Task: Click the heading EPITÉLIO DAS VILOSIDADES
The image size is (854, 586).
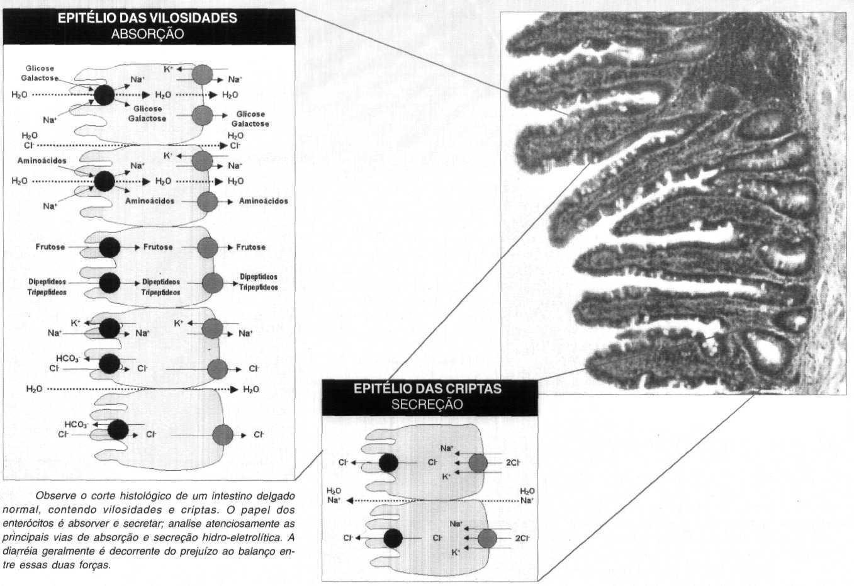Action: click(147, 18)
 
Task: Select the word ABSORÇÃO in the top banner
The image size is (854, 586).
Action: click(147, 34)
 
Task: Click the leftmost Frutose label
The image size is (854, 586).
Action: click(50, 247)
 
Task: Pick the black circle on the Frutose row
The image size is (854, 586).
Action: click(110, 247)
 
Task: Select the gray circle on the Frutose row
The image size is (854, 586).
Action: click(208, 247)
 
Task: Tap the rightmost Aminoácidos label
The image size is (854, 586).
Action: click(264, 201)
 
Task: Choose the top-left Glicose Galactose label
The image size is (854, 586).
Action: click(40, 74)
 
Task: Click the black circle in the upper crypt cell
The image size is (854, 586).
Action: click(389, 463)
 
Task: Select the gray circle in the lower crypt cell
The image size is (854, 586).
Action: click(487, 539)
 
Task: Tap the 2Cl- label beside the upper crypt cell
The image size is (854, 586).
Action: click(514, 463)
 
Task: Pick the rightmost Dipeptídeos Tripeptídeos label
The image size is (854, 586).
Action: click(259, 282)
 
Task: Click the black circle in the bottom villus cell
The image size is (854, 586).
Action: click(118, 429)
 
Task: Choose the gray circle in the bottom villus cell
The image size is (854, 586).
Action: click(223, 435)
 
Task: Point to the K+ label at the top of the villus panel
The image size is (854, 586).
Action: click(169, 69)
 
